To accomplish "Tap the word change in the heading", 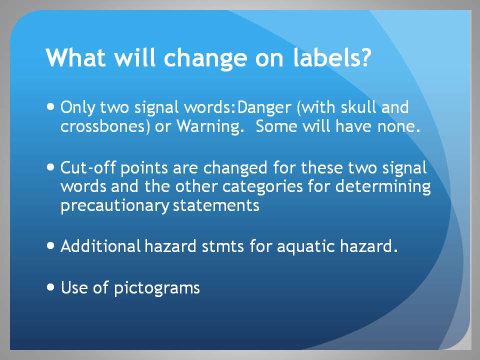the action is (x=205, y=59).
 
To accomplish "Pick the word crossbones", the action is (x=103, y=126).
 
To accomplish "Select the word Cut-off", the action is (x=88, y=168).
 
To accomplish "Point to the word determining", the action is (x=383, y=186).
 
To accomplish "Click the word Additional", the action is (x=100, y=246).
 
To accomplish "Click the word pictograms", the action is (x=157, y=288).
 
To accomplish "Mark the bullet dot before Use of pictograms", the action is (x=51, y=287).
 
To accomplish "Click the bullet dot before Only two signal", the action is (x=51, y=107).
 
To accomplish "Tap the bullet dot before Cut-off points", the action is (x=51, y=167).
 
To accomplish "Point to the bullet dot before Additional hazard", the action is (x=51, y=246).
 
